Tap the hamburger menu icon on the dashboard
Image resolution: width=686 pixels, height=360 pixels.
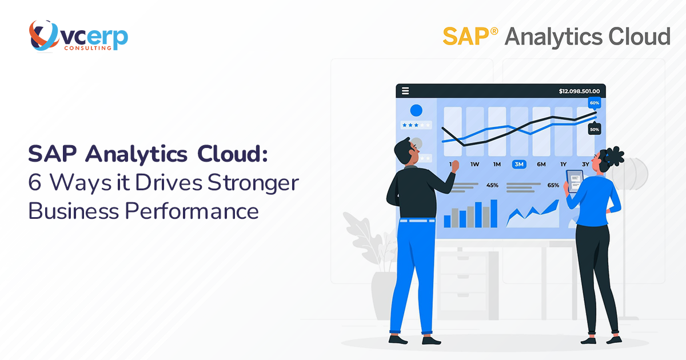coord(405,91)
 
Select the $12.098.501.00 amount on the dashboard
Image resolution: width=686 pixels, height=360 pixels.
coord(579,91)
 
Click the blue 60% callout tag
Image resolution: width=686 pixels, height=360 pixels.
coord(594,103)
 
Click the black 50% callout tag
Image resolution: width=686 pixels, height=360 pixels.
coord(594,130)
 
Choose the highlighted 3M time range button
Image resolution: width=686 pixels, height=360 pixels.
coord(519,165)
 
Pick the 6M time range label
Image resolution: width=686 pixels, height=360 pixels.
coord(541,165)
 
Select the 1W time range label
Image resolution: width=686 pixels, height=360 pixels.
coord(474,165)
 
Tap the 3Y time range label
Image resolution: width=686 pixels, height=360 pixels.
coord(585,165)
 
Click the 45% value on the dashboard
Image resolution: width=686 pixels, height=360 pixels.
coord(492,185)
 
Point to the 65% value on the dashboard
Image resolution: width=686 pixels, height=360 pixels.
coord(553,185)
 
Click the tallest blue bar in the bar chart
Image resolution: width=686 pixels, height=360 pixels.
coord(494,214)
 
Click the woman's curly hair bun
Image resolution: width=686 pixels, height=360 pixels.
coord(614,155)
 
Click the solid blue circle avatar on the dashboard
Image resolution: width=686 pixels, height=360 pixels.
coord(416,110)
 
